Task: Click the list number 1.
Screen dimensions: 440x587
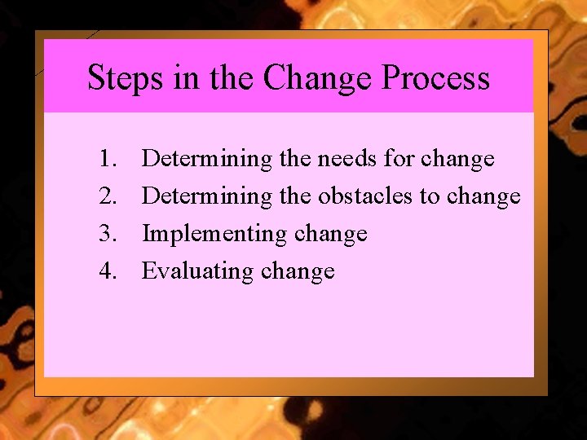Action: pyautogui.click(x=108, y=158)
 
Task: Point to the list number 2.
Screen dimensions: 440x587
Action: pyautogui.click(x=108, y=196)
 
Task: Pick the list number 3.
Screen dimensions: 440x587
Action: pyautogui.click(x=108, y=233)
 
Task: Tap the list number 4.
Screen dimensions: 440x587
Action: pyautogui.click(x=108, y=271)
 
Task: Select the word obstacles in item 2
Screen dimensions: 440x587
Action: pyautogui.click(x=364, y=196)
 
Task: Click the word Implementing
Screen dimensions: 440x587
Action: pyautogui.click(x=214, y=234)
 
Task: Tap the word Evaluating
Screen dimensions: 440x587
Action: pyautogui.click(x=197, y=271)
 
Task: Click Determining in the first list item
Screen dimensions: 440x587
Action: pyautogui.click(x=207, y=159)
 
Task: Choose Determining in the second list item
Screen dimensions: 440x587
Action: pyautogui.click(x=207, y=196)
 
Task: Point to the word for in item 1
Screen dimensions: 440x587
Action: pyautogui.click(x=399, y=158)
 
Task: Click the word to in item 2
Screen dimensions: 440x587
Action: pyautogui.click(x=430, y=196)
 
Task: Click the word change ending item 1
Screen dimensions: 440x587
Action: pyautogui.click(x=457, y=159)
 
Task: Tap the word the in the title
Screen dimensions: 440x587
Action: pyautogui.click(x=232, y=78)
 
